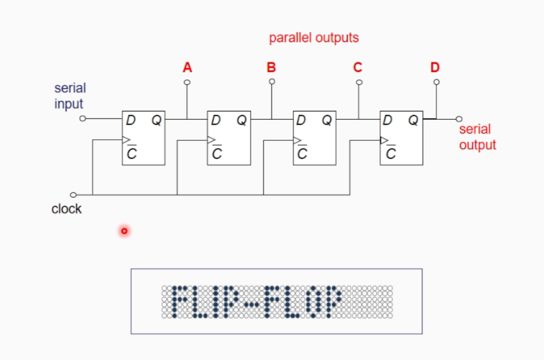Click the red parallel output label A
click(x=187, y=67)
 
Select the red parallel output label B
click(x=271, y=67)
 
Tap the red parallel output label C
click(x=358, y=67)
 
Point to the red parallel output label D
click(x=435, y=67)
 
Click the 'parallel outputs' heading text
click(x=313, y=38)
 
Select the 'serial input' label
click(x=70, y=96)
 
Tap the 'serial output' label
click(x=477, y=137)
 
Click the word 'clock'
click(x=66, y=209)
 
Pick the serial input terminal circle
click(x=83, y=119)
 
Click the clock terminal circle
click(x=74, y=194)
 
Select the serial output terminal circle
click(x=459, y=119)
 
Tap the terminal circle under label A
click(x=187, y=82)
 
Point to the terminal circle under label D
click(x=436, y=82)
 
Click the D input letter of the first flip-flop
click(x=131, y=120)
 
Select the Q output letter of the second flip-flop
click(x=241, y=120)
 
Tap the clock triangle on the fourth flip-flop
click(x=384, y=140)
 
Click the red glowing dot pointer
click(x=124, y=231)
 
